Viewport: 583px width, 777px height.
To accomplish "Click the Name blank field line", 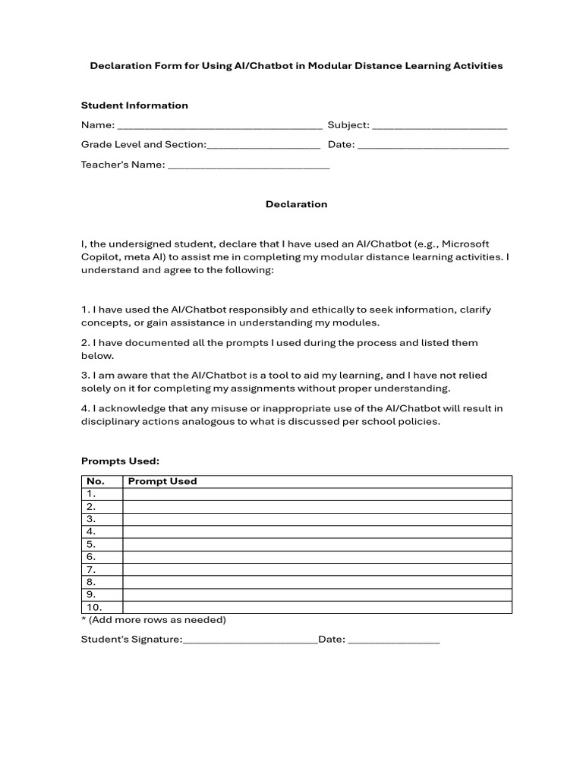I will click(220, 127).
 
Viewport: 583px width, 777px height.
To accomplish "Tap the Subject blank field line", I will click(440, 127).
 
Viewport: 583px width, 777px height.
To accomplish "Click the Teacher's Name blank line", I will click(248, 166).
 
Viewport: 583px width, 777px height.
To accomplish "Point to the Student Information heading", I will click(134, 105).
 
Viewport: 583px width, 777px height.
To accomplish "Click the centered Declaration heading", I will click(296, 204).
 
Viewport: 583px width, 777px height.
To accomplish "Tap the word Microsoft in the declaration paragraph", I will click(465, 244).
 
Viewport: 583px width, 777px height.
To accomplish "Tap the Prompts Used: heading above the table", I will click(120, 461).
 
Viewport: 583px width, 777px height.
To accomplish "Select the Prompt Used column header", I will click(162, 481).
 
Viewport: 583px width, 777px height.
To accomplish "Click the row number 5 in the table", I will click(91, 544).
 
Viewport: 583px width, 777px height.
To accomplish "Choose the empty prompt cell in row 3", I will click(317, 519).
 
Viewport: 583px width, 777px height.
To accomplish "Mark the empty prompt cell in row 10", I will click(317, 607).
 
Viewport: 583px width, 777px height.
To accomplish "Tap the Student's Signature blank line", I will click(250, 640).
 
